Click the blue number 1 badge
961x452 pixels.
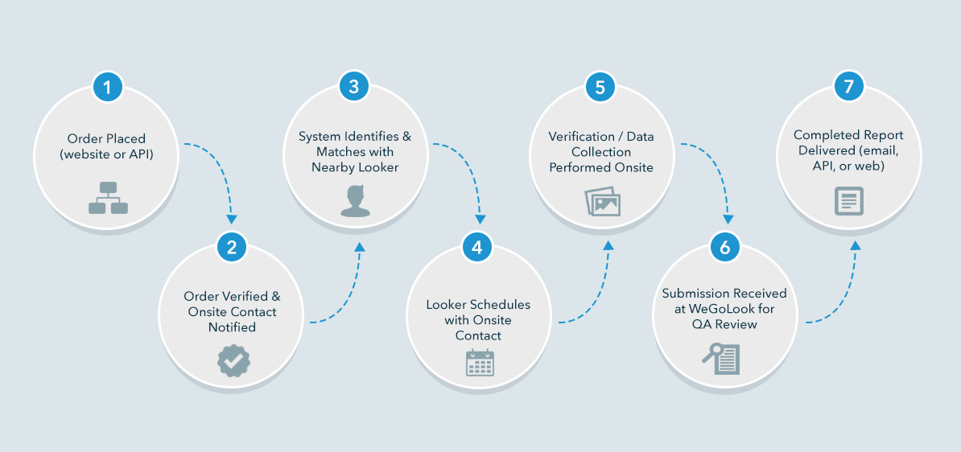point(108,86)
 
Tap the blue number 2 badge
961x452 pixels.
point(232,247)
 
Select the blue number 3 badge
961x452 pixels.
point(354,86)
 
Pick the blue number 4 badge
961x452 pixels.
point(477,247)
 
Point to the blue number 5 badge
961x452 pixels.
point(600,86)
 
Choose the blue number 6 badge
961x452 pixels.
point(724,247)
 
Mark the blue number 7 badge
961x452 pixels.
point(848,86)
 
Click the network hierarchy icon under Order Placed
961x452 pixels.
point(108,198)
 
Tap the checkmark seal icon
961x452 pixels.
point(233,361)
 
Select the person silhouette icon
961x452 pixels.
point(355,200)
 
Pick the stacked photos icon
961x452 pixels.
point(602,202)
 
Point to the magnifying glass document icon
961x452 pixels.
point(720,358)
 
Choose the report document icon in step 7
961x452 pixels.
point(848,200)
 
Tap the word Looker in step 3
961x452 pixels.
point(379,167)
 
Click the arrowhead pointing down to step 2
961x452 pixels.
point(232,218)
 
